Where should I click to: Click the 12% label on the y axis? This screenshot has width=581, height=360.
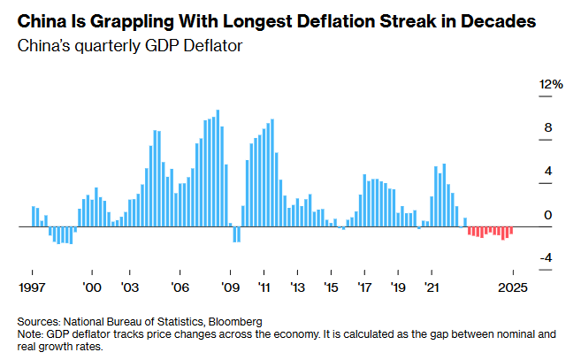click(x=551, y=84)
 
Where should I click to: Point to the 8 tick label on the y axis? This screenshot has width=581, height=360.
click(x=547, y=127)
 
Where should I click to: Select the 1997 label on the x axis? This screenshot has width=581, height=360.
click(x=33, y=287)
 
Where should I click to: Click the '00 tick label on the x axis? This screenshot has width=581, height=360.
click(x=91, y=287)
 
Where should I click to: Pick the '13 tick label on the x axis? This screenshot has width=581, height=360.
click(x=297, y=287)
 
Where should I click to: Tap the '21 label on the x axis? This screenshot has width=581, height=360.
click(x=432, y=287)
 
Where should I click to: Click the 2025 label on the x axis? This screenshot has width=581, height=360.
click(x=513, y=287)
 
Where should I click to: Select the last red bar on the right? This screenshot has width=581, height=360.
click(x=511, y=230)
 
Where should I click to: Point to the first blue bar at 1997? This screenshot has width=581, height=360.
click(x=34, y=216)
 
